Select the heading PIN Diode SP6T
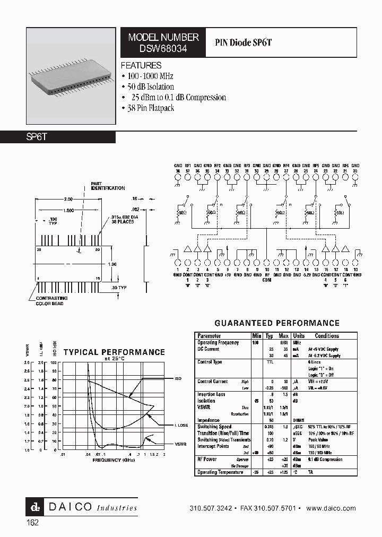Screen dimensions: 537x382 244,42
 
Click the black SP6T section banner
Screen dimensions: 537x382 58,137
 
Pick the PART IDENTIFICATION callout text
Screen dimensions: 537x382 108,185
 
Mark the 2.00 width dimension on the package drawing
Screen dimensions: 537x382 68,199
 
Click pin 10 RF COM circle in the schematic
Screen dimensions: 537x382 267,262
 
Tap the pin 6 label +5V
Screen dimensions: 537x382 228,274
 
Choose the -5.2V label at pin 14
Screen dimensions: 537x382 307,274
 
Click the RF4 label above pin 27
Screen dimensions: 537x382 286,166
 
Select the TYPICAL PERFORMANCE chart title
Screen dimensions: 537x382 114,352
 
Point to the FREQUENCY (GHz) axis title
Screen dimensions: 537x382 114,461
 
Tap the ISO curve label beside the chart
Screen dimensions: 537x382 178,379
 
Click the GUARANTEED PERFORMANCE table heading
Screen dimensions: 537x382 276,323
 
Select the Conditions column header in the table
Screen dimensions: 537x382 327,336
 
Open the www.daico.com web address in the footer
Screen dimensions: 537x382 331,508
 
